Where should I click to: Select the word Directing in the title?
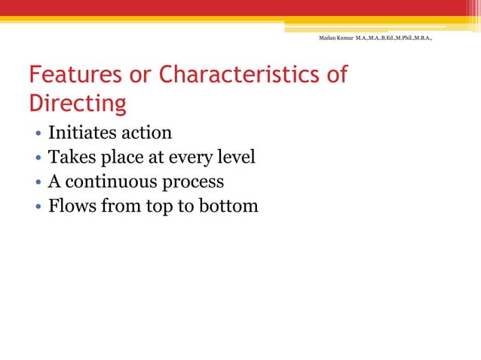click(x=77, y=102)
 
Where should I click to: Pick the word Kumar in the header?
click(x=346, y=36)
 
